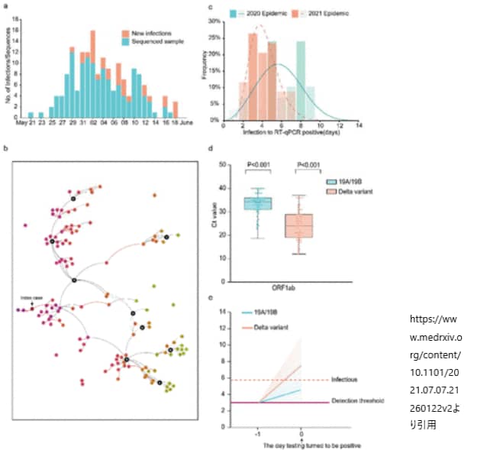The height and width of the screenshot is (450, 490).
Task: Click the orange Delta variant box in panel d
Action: coord(299,225)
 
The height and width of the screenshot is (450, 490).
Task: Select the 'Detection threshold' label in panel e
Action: coord(359,400)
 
